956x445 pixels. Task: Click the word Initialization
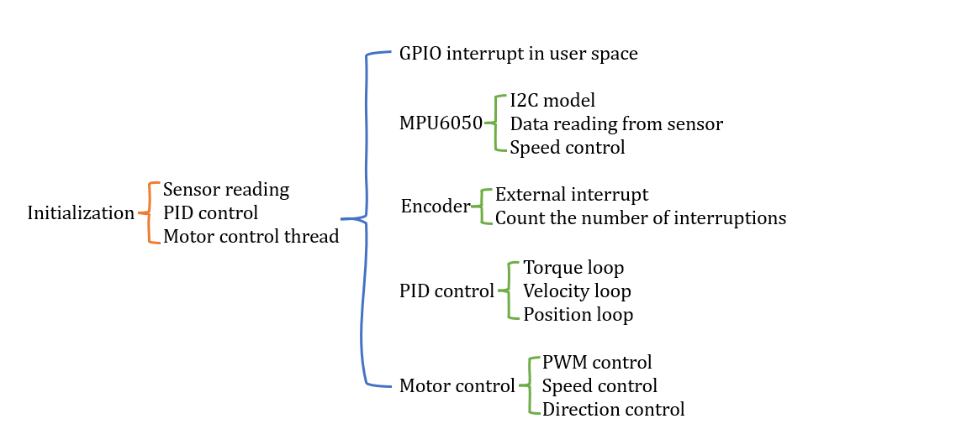[81, 213]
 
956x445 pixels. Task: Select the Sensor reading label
[225, 190]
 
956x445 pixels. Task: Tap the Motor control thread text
[251, 237]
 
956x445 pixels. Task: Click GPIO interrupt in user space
[518, 54]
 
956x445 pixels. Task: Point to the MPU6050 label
[441, 124]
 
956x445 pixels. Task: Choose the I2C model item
[552, 101]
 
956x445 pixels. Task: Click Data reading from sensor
[616, 124]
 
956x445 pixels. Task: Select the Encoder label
[436, 207]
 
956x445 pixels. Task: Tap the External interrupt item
[572, 195]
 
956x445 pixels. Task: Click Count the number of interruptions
[641, 218]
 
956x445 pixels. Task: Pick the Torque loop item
[573, 268]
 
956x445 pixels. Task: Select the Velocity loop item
[577, 291]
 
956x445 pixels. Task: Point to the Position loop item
[578, 315]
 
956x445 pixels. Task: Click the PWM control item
[597, 363]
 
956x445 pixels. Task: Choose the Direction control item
[613, 410]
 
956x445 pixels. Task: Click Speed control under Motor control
[599, 386]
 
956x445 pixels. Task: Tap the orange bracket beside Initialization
[151, 213]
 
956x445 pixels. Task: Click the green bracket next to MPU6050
[496, 124]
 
